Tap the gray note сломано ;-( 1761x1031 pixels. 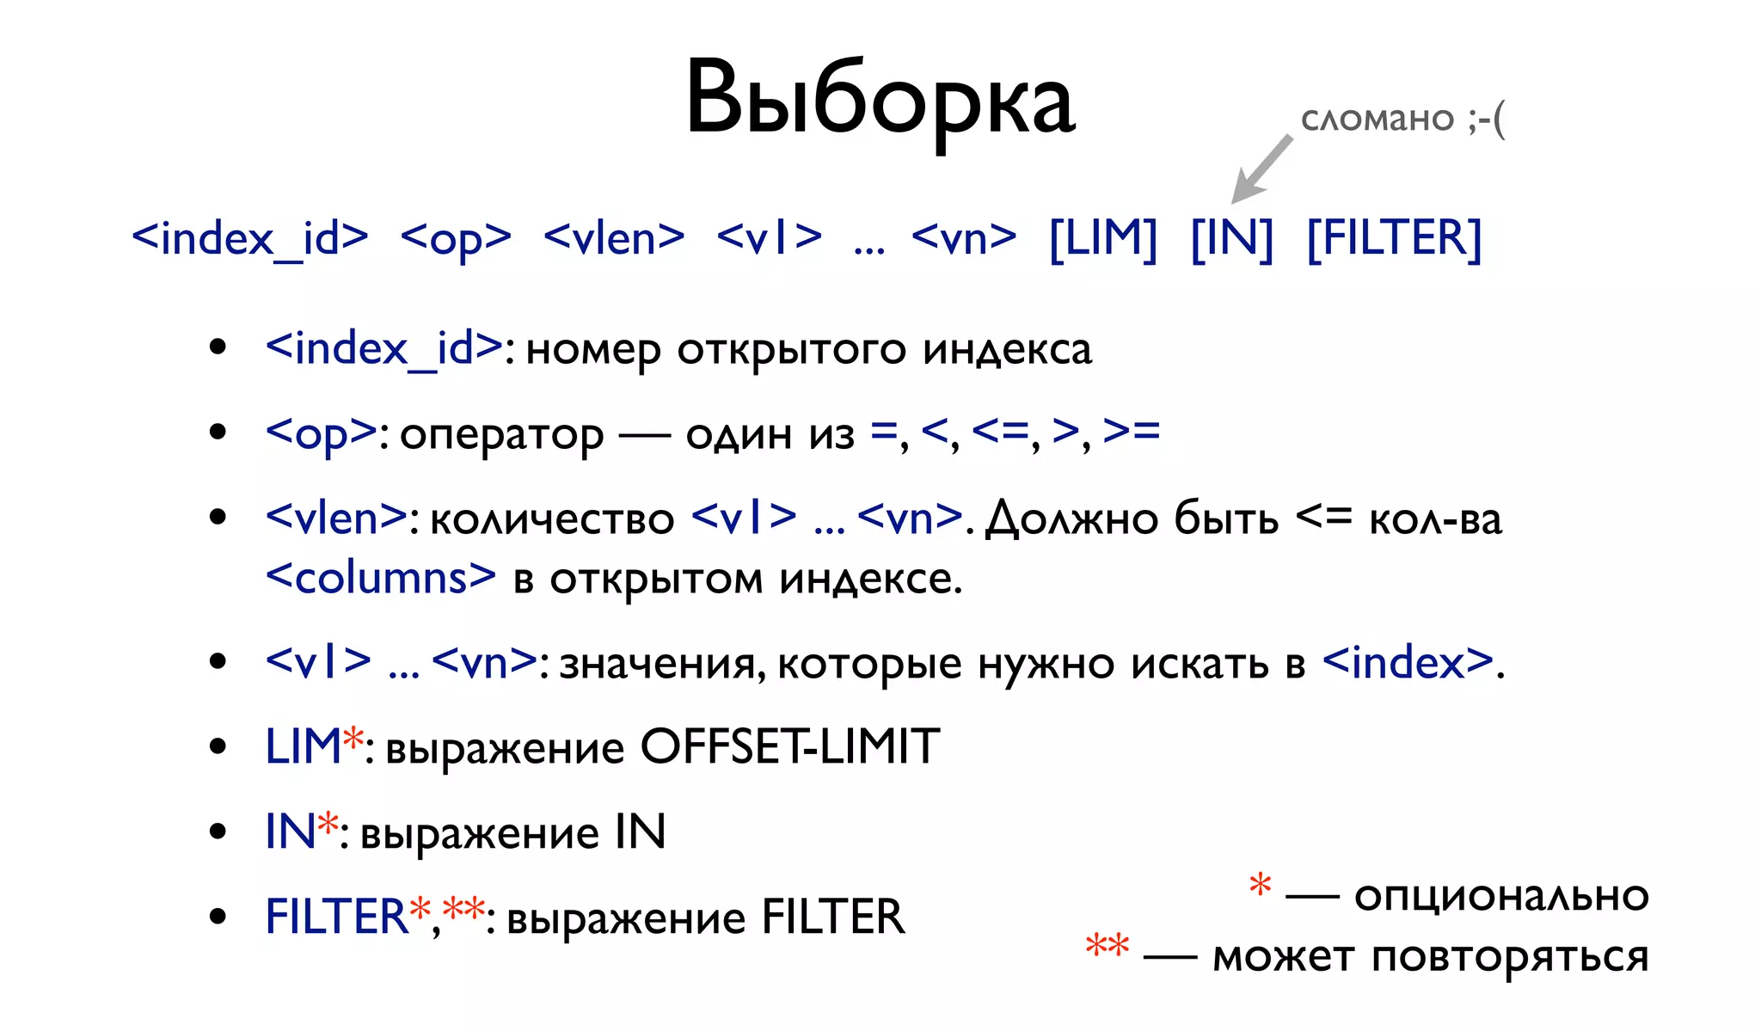coord(1402,119)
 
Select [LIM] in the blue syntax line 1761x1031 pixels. coord(1103,238)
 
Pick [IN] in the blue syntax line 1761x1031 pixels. coord(1231,238)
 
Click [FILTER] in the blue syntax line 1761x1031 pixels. coord(1394,238)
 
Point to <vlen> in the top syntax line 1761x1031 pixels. coord(614,238)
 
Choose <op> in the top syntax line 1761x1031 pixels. coord(456,238)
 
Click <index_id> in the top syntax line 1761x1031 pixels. coord(250,238)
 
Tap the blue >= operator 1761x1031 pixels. coord(1132,431)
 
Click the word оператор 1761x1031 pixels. coord(501,434)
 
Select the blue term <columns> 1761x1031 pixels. coord(381,577)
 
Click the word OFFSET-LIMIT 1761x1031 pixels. coord(789,746)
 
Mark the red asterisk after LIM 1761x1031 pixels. coord(353,738)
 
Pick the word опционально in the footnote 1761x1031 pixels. coord(1501,896)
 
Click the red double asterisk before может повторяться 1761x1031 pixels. coord(1107,945)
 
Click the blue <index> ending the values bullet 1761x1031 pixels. coord(1408,662)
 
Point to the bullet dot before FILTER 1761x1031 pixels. coord(218,917)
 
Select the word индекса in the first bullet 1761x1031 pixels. coord(1007,349)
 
